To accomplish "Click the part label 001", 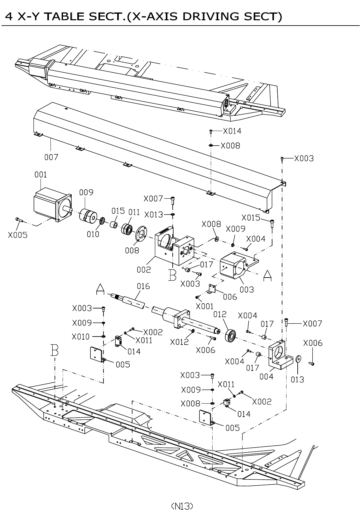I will click(x=41, y=175).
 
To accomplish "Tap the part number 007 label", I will click(x=51, y=157).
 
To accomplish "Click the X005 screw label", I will click(x=18, y=235).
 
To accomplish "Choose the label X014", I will click(x=232, y=131).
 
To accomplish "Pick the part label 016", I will click(x=143, y=286).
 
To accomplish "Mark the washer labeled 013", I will click(x=298, y=359).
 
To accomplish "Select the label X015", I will click(x=251, y=218).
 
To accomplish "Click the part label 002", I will click(x=144, y=269).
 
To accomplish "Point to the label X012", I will click(x=180, y=342).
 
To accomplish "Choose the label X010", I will click(x=81, y=337).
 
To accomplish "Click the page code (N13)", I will click(x=182, y=506).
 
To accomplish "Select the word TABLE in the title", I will click(x=68, y=16).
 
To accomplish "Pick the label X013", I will click(x=154, y=215).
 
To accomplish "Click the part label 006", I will click(x=230, y=297).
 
